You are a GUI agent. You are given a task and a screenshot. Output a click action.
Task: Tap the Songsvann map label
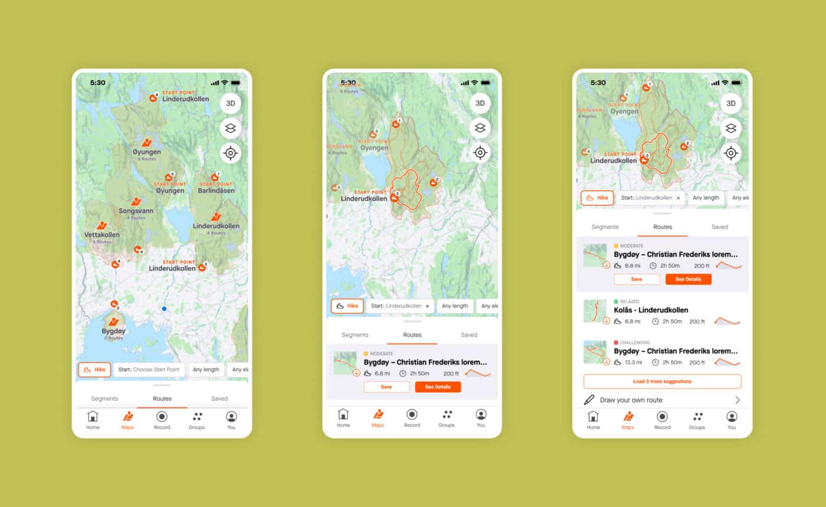point(136,210)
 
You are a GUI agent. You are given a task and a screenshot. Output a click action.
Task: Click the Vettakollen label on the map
point(101,235)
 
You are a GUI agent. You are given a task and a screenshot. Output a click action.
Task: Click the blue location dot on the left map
point(164,308)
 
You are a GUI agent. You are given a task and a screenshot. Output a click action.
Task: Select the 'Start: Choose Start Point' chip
point(149,370)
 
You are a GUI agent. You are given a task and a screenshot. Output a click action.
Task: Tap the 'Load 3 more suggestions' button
point(662,381)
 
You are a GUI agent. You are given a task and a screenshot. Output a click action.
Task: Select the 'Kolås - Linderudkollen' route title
point(651,310)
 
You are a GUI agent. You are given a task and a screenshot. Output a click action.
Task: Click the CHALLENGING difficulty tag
point(635,343)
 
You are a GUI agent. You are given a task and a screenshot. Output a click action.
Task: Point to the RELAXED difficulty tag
point(630,302)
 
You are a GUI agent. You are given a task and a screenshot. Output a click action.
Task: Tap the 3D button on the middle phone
point(480,103)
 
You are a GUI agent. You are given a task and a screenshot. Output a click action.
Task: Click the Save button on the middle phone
point(386,387)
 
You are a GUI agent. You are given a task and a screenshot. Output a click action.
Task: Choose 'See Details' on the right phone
point(688,279)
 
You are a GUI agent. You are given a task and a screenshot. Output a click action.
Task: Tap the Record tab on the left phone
point(162,419)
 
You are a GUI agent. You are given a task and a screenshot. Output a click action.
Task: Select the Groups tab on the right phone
point(697,419)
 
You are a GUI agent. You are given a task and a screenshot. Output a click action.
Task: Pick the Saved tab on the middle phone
point(469,335)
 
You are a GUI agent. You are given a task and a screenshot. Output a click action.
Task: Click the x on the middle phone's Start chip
point(428,306)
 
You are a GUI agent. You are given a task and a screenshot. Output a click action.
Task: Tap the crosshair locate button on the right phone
point(730,153)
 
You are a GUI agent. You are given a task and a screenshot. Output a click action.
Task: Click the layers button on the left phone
point(230,128)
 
